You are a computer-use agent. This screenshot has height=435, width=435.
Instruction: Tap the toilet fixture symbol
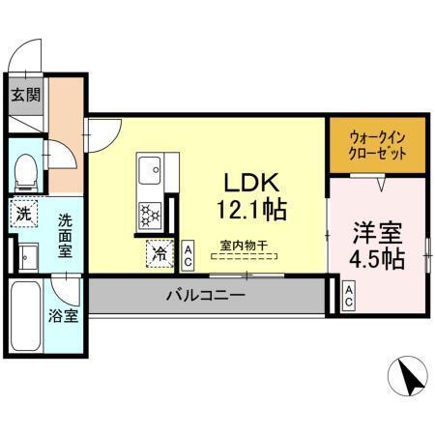pyautogui.click(x=26, y=172)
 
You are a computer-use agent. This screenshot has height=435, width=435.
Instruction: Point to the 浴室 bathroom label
pyautogui.click(x=64, y=316)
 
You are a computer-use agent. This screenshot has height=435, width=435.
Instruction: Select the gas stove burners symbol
pyautogui.click(x=151, y=213)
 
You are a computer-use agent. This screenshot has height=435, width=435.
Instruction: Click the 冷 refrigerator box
pyautogui.click(x=158, y=254)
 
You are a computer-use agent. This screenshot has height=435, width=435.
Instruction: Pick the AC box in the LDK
pyautogui.click(x=188, y=255)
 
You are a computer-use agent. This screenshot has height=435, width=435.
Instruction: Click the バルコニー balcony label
pyautogui.click(x=206, y=295)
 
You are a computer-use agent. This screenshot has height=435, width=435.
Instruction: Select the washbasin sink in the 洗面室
pyautogui.click(x=26, y=256)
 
